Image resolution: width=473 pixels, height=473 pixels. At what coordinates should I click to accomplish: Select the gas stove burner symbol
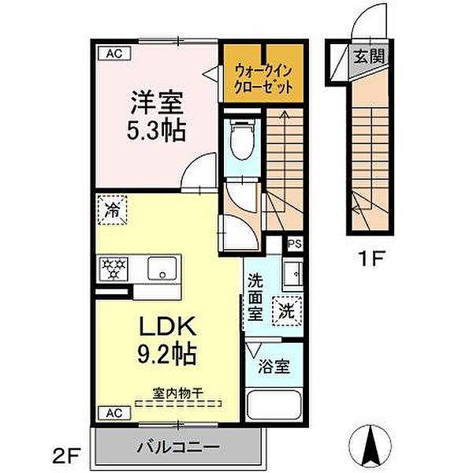[x=113, y=269]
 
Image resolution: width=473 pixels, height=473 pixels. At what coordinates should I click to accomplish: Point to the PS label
[x=293, y=245]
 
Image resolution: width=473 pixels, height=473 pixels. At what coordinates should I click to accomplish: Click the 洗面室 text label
[x=256, y=295]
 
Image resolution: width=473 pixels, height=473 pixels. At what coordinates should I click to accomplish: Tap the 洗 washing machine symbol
[x=285, y=310]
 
